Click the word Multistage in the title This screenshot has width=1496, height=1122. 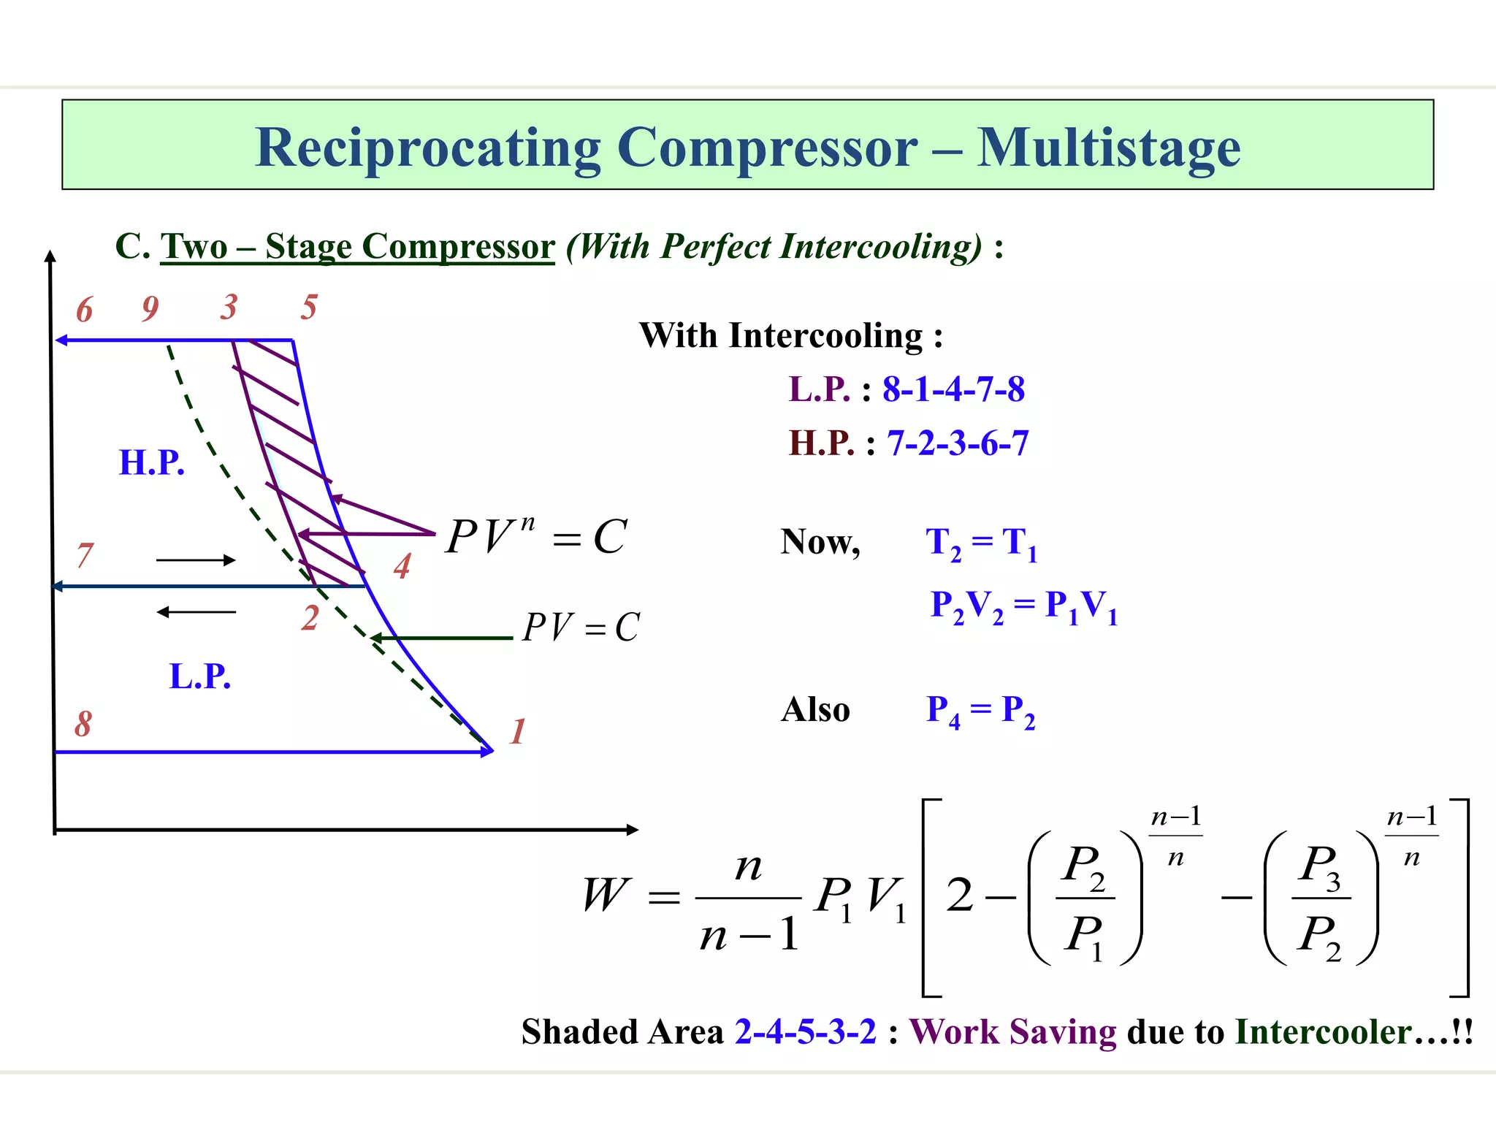(x=1108, y=148)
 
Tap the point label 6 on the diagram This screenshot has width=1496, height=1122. (x=85, y=310)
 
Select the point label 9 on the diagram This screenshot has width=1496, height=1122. (x=150, y=308)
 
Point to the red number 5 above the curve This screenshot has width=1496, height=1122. (x=309, y=307)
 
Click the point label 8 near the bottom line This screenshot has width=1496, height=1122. (x=83, y=724)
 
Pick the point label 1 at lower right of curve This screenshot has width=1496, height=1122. (x=518, y=731)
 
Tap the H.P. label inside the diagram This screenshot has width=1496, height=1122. (x=152, y=462)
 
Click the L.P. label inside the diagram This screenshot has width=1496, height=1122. (x=199, y=676)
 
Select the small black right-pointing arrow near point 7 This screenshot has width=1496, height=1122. (x=196, y=560)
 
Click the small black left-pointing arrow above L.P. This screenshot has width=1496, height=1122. (x=196, y=612)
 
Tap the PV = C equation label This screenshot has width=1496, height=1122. (x=581, y=627)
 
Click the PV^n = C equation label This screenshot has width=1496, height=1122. (x=536, y=537)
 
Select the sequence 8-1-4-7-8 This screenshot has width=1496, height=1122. (x=953, y=389)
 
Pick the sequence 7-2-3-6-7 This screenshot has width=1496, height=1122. (x=958, y=443)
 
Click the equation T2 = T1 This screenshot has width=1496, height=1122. (x=981, y=543)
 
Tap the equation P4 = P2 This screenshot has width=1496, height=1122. (x=980, y=710)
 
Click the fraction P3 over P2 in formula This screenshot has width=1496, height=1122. (x=1321, y=899)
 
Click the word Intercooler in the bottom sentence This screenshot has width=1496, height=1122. (x=1323, y=1032)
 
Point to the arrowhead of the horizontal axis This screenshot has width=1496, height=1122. (x=633, y=829)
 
